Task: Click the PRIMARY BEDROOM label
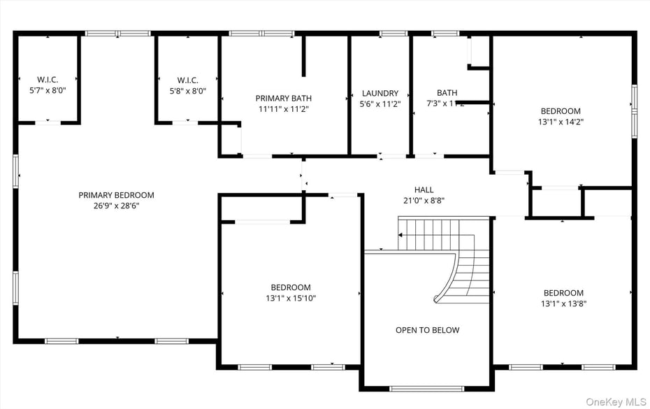[116, 195]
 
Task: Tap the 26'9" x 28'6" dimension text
[116, 206]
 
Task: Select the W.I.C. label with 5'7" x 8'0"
[47, 80]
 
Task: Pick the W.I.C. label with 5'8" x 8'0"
[187, 80]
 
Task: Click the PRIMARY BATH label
[283, 99]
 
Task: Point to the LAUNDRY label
[380, 93]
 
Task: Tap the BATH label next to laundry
[447, 92]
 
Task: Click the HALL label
[424, 189]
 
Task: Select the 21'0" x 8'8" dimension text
[424, 200]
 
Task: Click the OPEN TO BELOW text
[427, 330]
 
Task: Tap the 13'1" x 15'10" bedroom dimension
[291, 298]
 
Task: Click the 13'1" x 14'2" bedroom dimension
[561, 122]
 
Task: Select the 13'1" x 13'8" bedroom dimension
[563, 303]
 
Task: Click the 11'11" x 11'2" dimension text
[283, 109]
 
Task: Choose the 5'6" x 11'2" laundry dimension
[380, 103]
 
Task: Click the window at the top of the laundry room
[393, 33]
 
